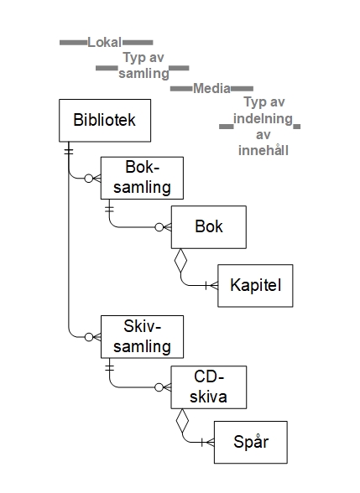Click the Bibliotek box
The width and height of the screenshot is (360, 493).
pyautogui.click(x=105, y=121)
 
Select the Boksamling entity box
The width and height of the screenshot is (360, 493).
pyautogui.click(x=142, y=178)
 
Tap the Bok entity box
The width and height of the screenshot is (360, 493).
pyautogui.click(x=209, y=227)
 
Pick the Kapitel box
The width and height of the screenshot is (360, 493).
pyautogui.click(x=255, y=285)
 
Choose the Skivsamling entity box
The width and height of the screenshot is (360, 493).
pyautogui.click(x=142, y=337)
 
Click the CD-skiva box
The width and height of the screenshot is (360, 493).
pyautogui.click(x=209, y=387)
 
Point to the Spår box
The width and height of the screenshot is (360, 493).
pyautogui.click(x=251, y=442)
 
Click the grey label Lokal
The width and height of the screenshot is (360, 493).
pyautogui.click(x=104, y=43)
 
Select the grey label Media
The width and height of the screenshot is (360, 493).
pyautogui.click(x=211, y=89)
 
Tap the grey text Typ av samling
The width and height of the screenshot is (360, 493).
pyautogui.click(x=143, y=65)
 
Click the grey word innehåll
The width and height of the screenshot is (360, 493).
pyautogui.click(x=263, y=150)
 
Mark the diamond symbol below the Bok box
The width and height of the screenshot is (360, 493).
pyautogui.click(x=180, y=261)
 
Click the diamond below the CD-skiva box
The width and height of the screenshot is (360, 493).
pyautogui.click(x=183, y=420)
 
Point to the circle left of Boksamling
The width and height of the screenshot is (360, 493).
pyautogui.click(x=89, y=179)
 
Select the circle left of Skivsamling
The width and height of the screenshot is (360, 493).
pyautogui.click(x=89, y=337)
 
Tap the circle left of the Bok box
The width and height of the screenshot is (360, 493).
pyautogui.click(x=159, y=227)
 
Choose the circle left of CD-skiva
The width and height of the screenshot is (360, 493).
pyautogui.click(x=159, y=387)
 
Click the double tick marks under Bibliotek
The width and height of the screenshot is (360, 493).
pyautogui.click(x=69, y=151)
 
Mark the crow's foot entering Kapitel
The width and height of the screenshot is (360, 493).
pyautogui.click(x=214, y=285)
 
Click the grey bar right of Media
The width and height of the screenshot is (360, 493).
pyautogui.click(x=242, y=89)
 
